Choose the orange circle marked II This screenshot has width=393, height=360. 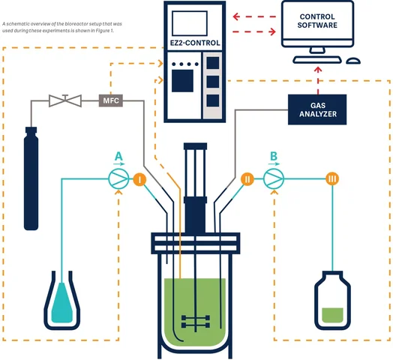[x=247, y=179]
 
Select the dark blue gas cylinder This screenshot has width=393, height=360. [x=31, y=176]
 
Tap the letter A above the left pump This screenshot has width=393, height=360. [x=117, y=156]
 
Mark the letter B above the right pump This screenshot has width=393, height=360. [x=274, y=156]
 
